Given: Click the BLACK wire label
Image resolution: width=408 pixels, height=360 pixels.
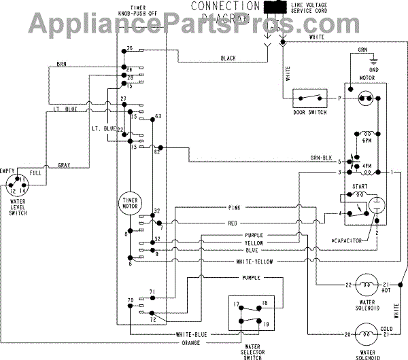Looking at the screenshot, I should (x=228, y=59).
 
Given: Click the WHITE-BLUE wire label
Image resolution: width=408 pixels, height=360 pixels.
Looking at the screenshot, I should (x=192, y=334).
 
